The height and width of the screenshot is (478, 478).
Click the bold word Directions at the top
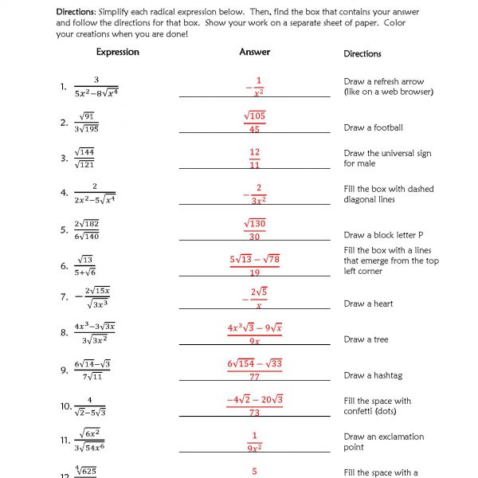76,12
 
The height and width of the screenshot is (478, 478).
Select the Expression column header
117,53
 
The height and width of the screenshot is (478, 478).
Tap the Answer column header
254,53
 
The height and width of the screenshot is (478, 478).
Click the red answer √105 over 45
254,123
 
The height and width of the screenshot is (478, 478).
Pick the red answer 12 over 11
254,158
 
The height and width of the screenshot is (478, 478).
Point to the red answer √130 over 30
254,230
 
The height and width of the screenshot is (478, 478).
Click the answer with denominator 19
254,265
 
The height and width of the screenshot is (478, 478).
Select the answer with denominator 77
254,370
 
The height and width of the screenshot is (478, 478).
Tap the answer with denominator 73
254,406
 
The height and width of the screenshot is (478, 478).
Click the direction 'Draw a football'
373,127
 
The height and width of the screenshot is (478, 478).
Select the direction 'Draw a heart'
368,304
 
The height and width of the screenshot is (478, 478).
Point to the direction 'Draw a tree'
366,339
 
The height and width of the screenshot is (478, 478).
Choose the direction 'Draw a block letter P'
383,235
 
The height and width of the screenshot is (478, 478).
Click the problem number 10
66,406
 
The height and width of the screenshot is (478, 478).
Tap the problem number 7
64,297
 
